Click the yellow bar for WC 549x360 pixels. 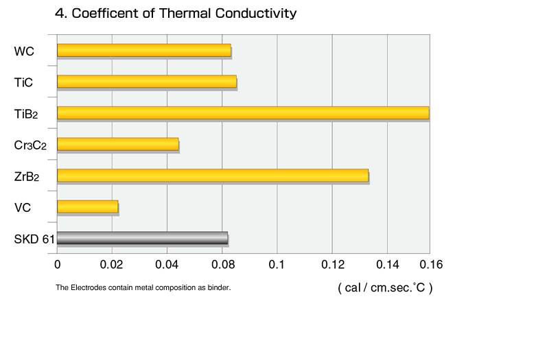click(x=144, y=50)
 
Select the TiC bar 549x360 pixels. click(x=147, y=82)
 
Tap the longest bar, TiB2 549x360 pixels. click(x=243, y=112)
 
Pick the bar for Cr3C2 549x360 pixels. click(x=118, y=144)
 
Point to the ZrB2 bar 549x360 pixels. click(x=213, y=176)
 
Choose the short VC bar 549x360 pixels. click(x=88, y=206)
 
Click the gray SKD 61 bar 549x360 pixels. click(x=143, y=238)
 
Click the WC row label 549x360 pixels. click(x=24, y=51)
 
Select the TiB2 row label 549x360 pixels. click(x=26, y=114)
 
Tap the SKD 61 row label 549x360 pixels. click(x=34, y=239)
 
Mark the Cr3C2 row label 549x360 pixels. click(x=30, y=145)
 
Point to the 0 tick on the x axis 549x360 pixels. click(x=58, y=265)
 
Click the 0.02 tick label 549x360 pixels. click(x=111, y=265)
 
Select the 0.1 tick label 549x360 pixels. click(x=277, y=265)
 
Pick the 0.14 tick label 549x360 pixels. click(x=388, y=265)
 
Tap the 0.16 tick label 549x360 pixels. click(x=431, y=265)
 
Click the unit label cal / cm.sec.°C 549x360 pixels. click(x=385, y=287)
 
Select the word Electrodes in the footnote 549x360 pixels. click(x=89, y=287)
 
